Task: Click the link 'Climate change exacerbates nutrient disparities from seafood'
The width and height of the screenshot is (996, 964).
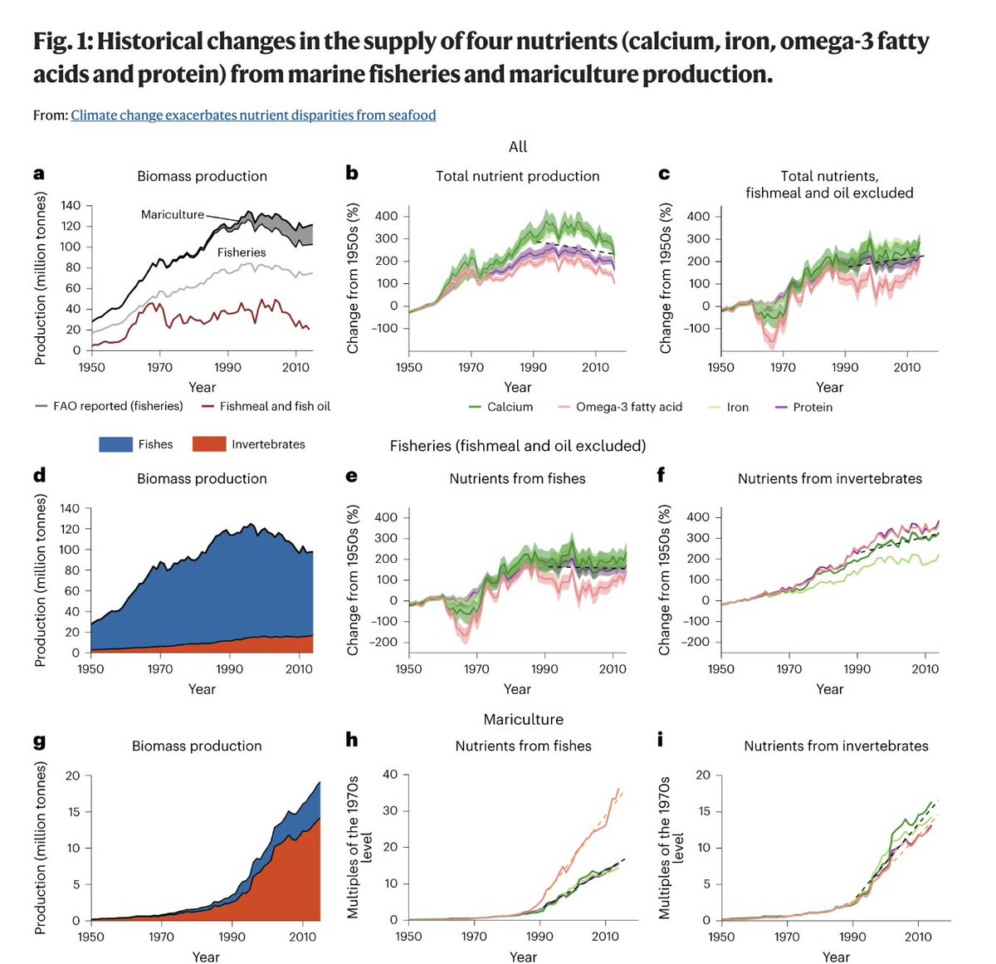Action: pyautogui.click(x=253, y=115)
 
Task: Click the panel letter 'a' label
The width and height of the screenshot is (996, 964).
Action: pyautogui.click(x=39, y=174)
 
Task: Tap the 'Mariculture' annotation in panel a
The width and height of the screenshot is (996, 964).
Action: pyautogui.click(x=173, y=214)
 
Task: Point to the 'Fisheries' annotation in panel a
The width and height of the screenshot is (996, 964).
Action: pyautogui.click(x=242, y=252)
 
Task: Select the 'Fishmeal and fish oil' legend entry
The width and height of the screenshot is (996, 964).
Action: pyautogui.click(x=275, y=406)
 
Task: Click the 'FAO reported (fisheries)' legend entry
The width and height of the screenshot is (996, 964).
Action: pyautogui.click(x=118, y=406)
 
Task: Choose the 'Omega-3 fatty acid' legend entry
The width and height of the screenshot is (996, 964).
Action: pyautogui.click(x=628, y=407)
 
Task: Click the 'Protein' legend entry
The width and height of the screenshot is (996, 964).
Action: pyautogui.click(x=812, y=407)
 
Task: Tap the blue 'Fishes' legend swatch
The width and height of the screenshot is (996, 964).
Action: pyautogui.click(x=115, y=444)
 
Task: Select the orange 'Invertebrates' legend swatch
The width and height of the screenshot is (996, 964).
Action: pyautogui.click(x=208, y=444)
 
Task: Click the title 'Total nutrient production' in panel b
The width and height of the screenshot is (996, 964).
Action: pyautogui.click(x=517, y=176)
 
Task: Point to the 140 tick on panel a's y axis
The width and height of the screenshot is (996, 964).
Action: pyautogui.click(x=71, y=205)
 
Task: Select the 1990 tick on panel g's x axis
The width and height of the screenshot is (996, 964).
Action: pyautogui.click(x=232, y=937)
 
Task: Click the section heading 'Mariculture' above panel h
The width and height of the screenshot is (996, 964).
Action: pyautogui.click(x=523, y=719)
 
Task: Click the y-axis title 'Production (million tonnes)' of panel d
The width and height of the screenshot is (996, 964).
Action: pyautogui.click(x=40, y=580)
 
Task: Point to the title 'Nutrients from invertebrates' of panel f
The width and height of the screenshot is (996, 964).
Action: pyautogui.click(x=829, y=478)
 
